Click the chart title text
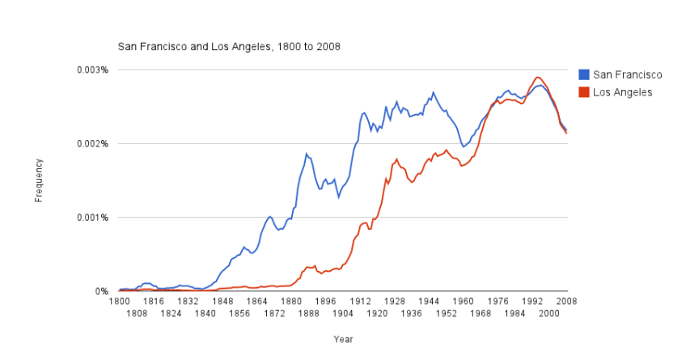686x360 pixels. (x=229, y=46)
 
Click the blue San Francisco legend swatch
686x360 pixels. (x=585, y=74)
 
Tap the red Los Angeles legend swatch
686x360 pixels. (x=585, y=92)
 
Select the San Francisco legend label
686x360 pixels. (x=628, y=74)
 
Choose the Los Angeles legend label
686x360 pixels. (x=622, y=92)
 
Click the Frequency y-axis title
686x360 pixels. (x=39, y=180)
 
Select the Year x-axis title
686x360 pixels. (x=343, y=340)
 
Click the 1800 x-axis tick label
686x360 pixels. (x=118, y=301)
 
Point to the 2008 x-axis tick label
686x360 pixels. (x=566, y=301)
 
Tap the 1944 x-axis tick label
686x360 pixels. (x=429, y=301)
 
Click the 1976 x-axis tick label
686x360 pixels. (x=498, y=301)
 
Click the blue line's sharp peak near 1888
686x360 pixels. (x=307, y=153)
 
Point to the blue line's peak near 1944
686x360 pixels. (x=433, y=92)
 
